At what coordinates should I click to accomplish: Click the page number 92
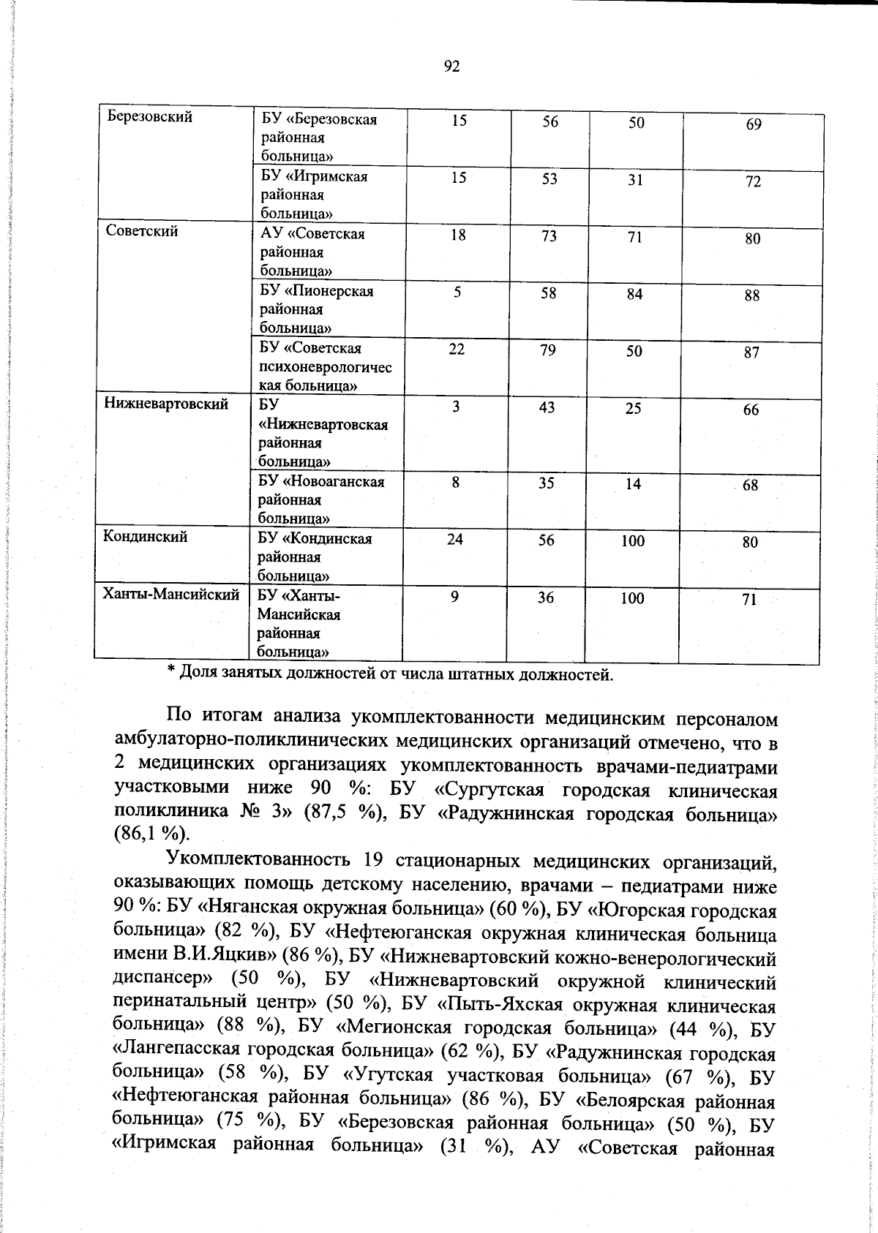[x=451, y=67]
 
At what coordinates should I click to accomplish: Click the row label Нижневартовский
[x=166, y=404]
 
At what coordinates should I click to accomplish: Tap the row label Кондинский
[x=145, y=537]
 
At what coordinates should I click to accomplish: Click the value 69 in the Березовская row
[x=754, y=124]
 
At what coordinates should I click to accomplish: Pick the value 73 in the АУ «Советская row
[x=549, y=236]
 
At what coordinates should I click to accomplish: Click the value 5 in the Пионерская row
[x=457, y=293]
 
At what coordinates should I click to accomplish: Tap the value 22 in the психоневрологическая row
[x=457, y=350]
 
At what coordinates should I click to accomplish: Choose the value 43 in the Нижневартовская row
[x=547, y=408]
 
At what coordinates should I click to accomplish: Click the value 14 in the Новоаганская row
[x=634, y=484]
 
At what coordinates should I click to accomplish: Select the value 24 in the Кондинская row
[x=455, y=540]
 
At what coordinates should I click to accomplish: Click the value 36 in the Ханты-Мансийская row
[x=546, y=598]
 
